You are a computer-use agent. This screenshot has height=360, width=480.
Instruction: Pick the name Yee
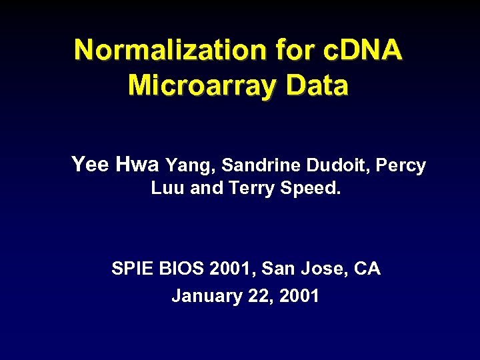click(x=90, y=165)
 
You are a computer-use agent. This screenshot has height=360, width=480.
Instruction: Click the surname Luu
click(x=168, y=189)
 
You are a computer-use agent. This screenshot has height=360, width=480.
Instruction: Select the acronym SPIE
click(x=132, y=269)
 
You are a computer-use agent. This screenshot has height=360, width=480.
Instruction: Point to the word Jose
click(x=318, y=269)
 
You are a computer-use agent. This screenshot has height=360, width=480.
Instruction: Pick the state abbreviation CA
click(x=367, y=269)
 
